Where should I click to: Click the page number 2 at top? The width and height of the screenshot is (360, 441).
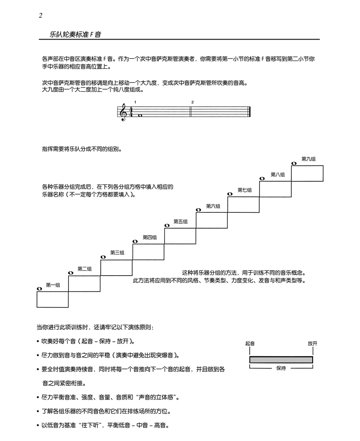click(x=41, y=16)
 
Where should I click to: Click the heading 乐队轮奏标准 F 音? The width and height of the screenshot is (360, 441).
click(x=75, y=35)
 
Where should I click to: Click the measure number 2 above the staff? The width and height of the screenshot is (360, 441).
click(x=193, y=102)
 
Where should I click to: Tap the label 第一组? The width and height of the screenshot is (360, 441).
click(x=53, y=285)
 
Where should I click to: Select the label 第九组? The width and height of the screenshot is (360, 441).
click(x=309, y=159)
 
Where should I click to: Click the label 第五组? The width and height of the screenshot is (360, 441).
click(x=180, y=221)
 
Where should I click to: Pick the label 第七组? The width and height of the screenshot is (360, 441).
click(x=244, y=190)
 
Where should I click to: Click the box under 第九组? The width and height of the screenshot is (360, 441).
click(x=307, y=173)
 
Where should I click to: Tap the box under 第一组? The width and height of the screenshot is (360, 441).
click(x=52, y=299)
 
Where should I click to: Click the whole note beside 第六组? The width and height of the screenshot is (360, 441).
click(x=198, y=210)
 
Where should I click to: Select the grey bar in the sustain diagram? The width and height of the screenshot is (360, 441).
click(x=281, y=359)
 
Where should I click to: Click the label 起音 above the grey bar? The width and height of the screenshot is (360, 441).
click(x=249, y=344)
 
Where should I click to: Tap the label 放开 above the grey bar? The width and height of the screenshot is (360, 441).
click(x=312, y=344)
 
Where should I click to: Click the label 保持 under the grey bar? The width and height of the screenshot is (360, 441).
click(x=281, y=369)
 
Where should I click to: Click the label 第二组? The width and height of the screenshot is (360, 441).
click(x=85, y=269)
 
